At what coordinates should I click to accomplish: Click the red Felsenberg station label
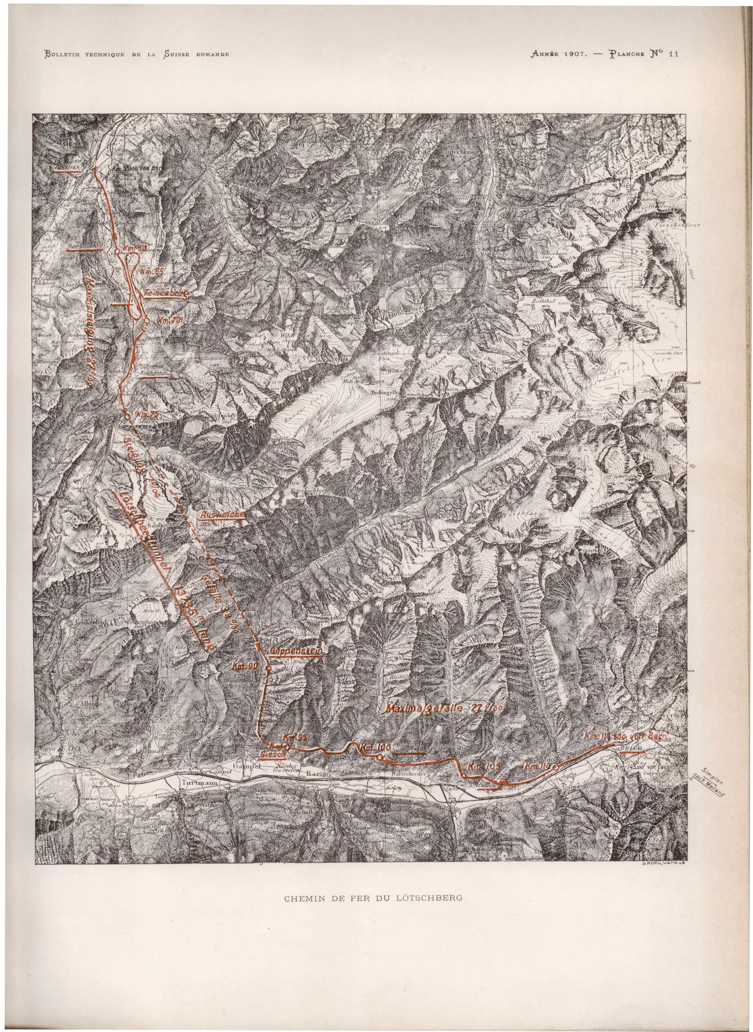(165, 294)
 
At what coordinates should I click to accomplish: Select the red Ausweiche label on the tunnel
(222, 513)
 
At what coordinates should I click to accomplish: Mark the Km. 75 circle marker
(127, 415)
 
